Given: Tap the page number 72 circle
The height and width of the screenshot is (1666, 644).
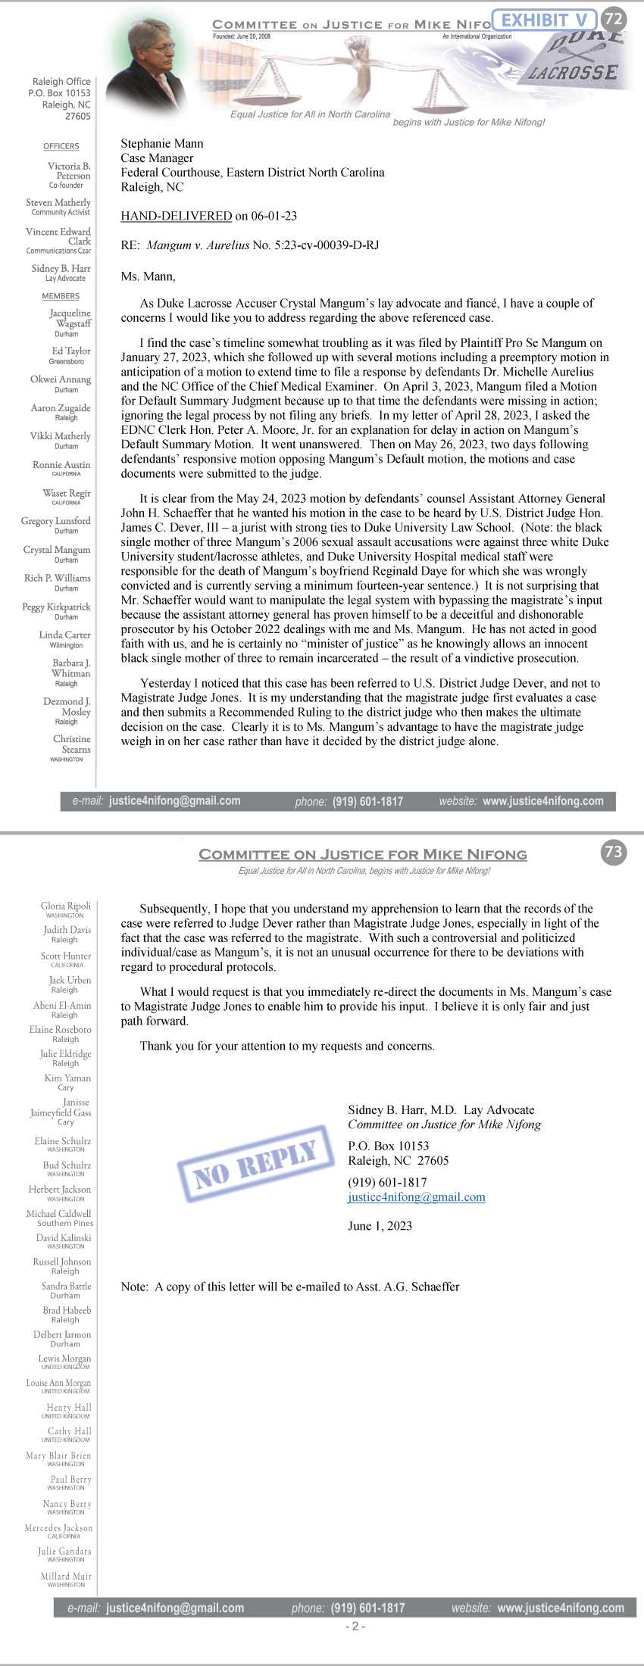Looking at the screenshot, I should coord(613,18).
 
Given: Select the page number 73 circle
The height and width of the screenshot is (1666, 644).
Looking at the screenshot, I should coord(613,852).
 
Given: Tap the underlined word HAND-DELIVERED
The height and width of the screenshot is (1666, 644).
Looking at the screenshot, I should coord(176,216).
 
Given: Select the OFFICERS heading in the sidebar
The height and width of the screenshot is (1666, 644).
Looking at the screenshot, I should coord(61,146).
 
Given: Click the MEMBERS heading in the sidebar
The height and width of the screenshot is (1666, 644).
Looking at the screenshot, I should coord(61,296).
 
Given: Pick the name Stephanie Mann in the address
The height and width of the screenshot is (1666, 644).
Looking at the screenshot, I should coord(162,143).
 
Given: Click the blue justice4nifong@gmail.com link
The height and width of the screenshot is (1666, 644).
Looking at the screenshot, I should coord(417,1197).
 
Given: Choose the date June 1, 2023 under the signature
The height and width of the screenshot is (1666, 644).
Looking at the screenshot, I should coord(380,1226).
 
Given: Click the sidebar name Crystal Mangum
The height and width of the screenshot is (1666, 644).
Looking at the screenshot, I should coord(57,550).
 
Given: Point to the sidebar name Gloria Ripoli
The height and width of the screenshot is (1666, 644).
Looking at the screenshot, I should coord(66,906).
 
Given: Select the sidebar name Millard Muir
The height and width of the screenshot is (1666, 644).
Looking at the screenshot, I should coord(66,1576).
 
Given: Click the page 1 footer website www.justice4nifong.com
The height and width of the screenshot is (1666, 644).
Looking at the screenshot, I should coord(543,800).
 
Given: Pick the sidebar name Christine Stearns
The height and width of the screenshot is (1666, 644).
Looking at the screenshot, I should coord(72,744).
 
